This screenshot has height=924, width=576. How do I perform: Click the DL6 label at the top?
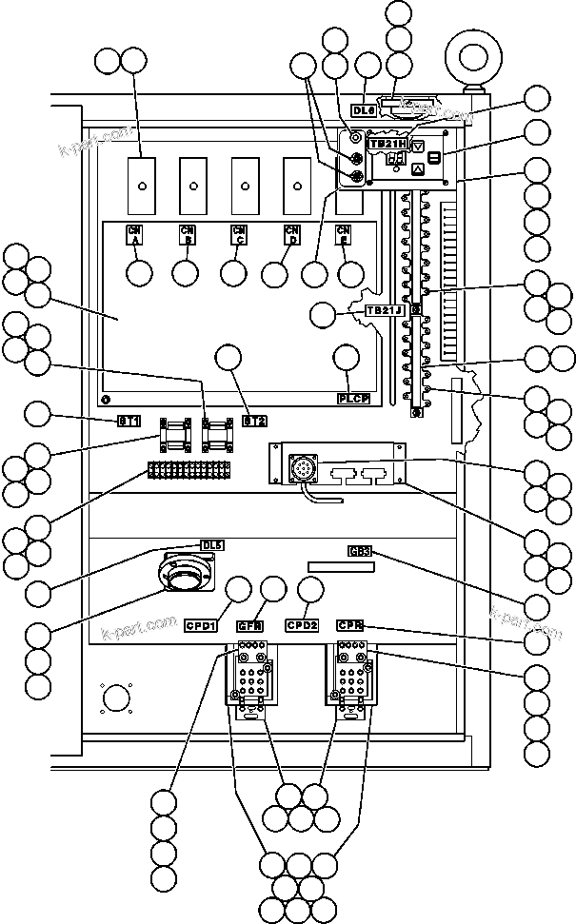pyautogui.click(x=366, y=109)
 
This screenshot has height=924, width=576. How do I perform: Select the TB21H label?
pyautogui.click(x=390, y=143)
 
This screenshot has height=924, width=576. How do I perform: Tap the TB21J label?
pyautogui.click(x=386, y=310)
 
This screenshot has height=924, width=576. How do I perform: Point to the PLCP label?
pyautogui.click(x=354, y=398)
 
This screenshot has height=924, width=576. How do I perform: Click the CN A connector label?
pyautogui.click(x=135, y=234)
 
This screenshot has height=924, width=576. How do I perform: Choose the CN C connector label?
pyautogui.click(x=239, y=234)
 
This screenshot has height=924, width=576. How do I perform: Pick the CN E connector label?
pyautogui.click(x=344, y=234)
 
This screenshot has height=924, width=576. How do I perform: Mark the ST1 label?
pyautogui.click(x=129, y=420)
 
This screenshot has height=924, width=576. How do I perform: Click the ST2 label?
pyautogui.click(x=253, y=420)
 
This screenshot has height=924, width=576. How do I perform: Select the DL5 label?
pyautogui.click(x=212, y=545)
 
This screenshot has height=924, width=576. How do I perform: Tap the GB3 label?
pyautogui.click(x=360, y=551)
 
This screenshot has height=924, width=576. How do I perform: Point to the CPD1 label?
pyautogui.click(x=202, y=625)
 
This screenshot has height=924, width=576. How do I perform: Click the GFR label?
pyautogui.click(x=249, y=625)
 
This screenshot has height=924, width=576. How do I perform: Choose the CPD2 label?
pyautogui.click(x=302, y=625)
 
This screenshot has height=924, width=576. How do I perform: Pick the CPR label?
pyautogui.click(x=352, y=625)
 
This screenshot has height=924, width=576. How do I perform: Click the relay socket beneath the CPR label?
pyautogui.click(x=352, y=683)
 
